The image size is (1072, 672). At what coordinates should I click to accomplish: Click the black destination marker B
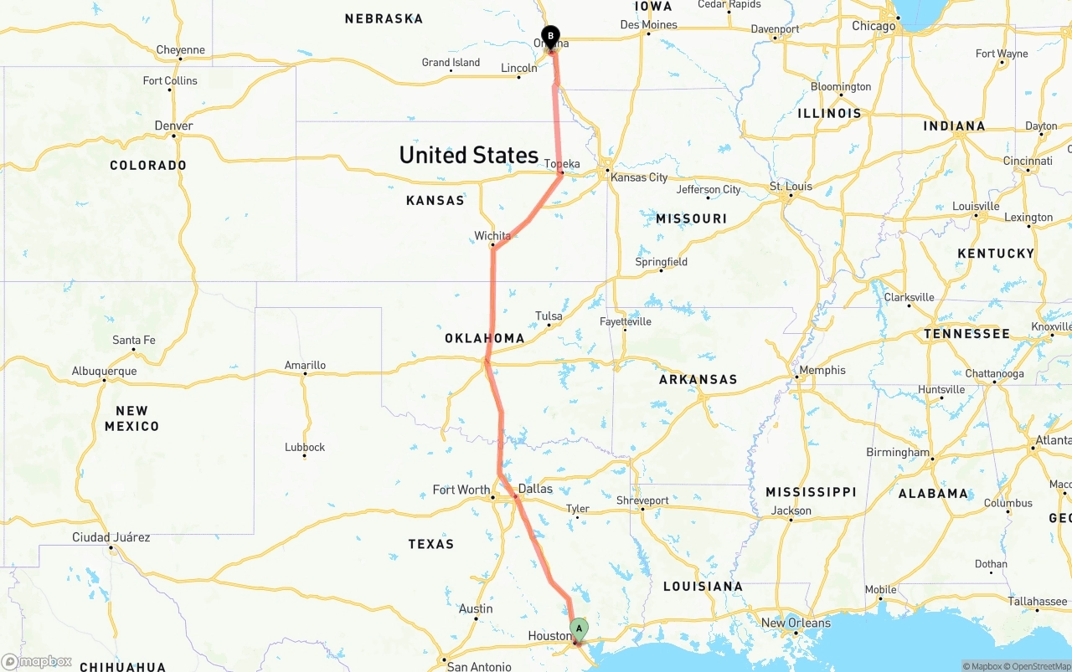click(x=550, y=36)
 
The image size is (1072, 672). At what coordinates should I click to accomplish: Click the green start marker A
click(x=579, y=628)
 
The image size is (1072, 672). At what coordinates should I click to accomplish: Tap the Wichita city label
click(x=492, y=236)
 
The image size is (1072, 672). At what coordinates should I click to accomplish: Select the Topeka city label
click(x=562, y=164)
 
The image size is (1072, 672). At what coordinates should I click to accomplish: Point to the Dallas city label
click(x=535, y=489)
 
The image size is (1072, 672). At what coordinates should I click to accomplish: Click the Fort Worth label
click(x=461, y=490)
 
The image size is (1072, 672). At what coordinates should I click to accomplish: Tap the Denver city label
click(x=174, y=126)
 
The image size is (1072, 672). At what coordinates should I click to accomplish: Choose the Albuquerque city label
click(x=104, y=371)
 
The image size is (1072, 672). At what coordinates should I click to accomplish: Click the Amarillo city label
click(x=305, y=365)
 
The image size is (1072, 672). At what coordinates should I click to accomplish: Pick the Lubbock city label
click(x=305, y=447)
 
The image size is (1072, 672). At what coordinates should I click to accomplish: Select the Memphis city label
click(x=822, y=370)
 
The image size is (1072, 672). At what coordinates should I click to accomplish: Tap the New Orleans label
click(x=796, y=623)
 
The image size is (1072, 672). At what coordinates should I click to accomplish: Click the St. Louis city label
click(x=791, y=186)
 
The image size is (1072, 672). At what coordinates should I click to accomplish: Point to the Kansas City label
click(x=639, y=177)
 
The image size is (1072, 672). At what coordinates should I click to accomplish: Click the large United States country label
click(x=468, y=155)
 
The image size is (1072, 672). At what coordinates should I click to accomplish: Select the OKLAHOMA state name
click(x=484, y=339)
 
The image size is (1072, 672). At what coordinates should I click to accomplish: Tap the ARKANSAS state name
click(x=698, y=379)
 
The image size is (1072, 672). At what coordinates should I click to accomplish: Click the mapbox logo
click(x=37, y=662)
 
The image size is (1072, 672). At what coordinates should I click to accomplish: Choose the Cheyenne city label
click(x=180, y=50)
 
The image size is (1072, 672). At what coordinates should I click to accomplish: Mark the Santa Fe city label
click(x=134, y=340)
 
